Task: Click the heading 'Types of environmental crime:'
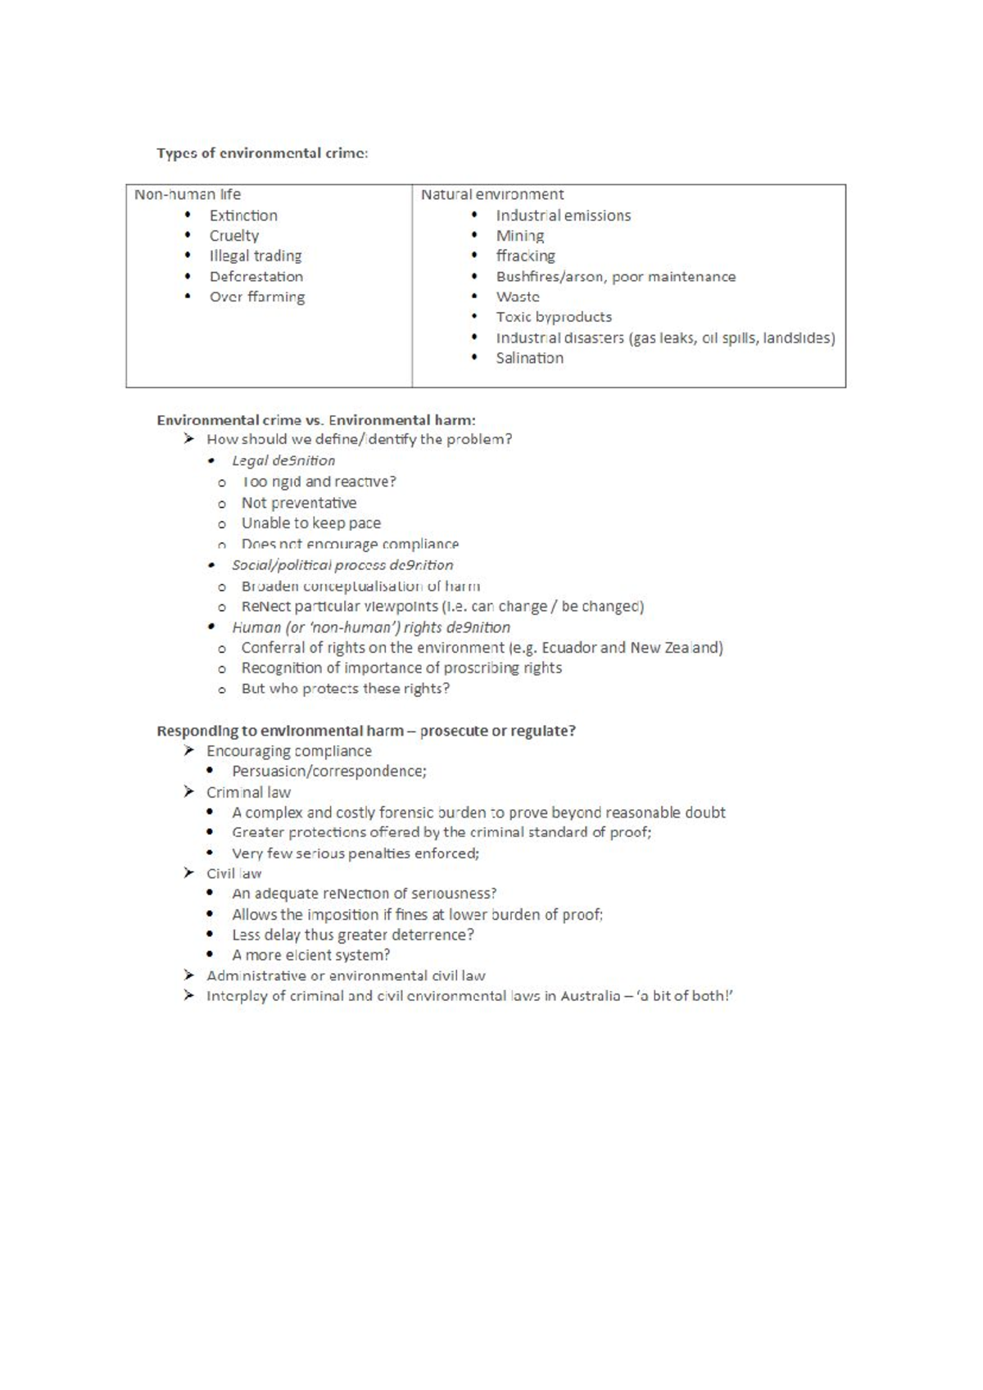[x=262, y=153]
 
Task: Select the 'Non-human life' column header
[x=188, y=194]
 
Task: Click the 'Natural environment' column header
[x=491, y=194]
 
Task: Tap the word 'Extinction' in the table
[x=243, y=215]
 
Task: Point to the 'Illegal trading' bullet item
[x=255, y=256]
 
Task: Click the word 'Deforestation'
[x=256, y=277]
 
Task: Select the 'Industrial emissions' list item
[x=563, y=215]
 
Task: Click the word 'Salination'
[x=529, y=358]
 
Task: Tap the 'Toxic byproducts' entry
[x=553, y=317]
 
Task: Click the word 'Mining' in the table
[x=519, y=236]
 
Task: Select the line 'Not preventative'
[x=298, y=503]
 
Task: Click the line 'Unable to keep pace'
[x=310, y=523]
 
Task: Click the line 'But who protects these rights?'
[x=345, y=688]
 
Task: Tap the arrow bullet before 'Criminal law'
[x=189, y=792]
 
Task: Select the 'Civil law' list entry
[x=233, y=873]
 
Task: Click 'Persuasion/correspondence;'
[x=328, y=771]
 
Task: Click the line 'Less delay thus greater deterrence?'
[x=352, y=935]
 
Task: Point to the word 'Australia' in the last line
[x=590, y=996]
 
